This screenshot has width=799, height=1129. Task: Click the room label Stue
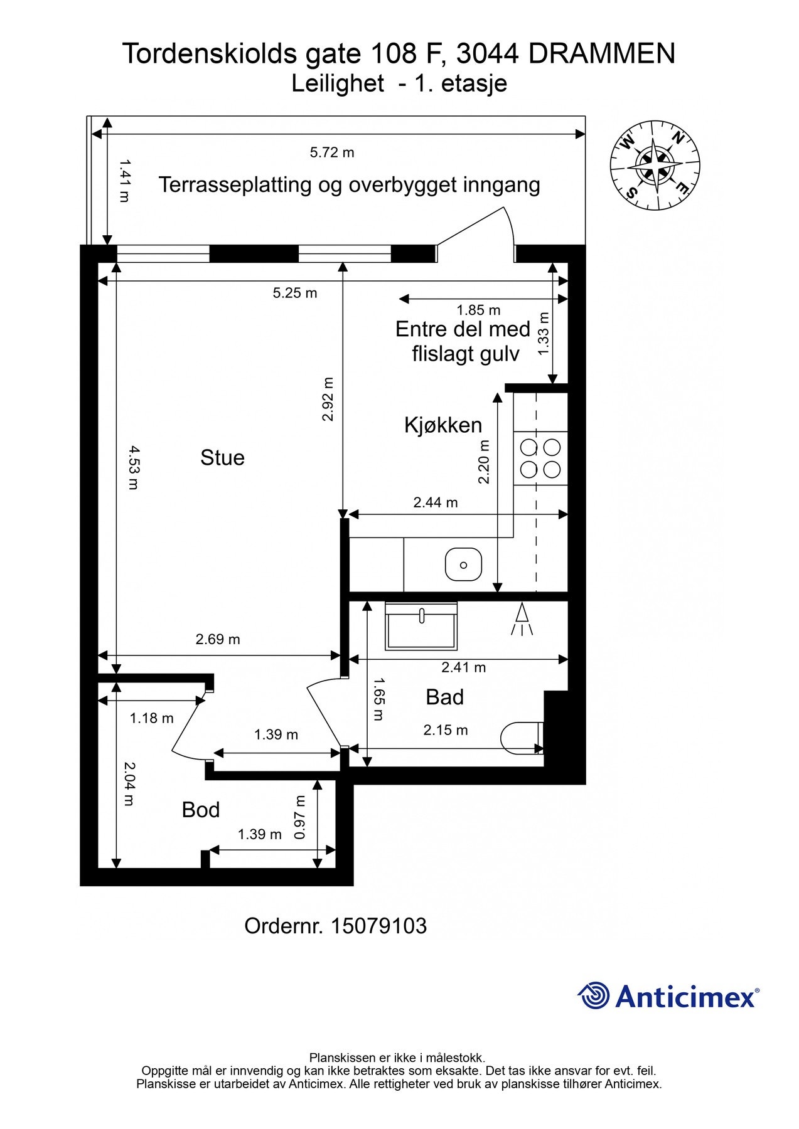[222, 457]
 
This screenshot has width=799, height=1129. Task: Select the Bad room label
[444, 697]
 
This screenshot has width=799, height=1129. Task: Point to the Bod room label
[201, 810]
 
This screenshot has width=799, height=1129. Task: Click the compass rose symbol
[655, 164]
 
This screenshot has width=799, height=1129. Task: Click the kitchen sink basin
[463, 564]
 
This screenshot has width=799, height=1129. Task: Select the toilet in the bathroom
[521, 738]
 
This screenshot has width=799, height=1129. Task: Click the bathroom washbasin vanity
[421, 627]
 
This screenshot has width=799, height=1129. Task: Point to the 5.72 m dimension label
[332, 152]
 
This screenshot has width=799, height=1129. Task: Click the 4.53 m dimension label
[132, 467]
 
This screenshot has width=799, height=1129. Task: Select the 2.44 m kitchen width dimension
[436, 502]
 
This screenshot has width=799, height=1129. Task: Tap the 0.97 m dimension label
[300, 817]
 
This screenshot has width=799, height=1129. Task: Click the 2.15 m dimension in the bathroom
[446, 729]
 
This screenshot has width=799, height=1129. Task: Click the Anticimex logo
[668, 996]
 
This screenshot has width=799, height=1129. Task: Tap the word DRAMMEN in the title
[601, 54]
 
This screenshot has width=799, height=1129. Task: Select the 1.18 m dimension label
[152, 718]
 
